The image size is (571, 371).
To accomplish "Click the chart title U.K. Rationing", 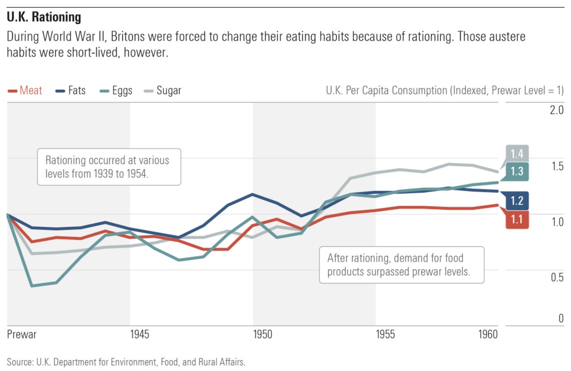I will coord(44,17).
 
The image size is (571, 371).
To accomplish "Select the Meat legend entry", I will coord(25,91).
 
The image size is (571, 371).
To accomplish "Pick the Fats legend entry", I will coord(70,91).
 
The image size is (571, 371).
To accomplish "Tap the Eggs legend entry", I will coord(116,91).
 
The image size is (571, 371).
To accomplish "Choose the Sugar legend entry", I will coord(162,91).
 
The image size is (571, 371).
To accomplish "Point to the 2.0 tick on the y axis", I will coord(556,110).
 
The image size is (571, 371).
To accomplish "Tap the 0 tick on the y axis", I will coord(561,318).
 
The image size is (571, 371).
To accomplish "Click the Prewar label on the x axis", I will coord(21,334).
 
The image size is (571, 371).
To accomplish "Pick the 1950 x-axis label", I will coord(262,334).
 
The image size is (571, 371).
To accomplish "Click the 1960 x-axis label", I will coord(488,334).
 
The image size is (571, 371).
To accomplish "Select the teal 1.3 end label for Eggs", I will coord(516,171).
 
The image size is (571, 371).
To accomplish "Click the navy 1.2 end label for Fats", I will coord(516,201).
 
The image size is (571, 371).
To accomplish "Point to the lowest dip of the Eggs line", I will coord(32,286).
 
